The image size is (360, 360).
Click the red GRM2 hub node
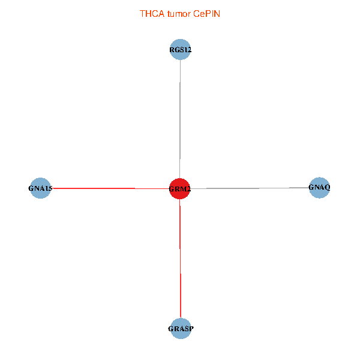click(180, 188)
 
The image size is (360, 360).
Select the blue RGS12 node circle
click(181, 50)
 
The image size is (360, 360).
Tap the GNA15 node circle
click(40, 188)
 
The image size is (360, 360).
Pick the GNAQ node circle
click(319, 188)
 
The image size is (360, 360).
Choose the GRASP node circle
click(181, 328)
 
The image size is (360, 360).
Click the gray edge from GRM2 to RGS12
click(181, 120)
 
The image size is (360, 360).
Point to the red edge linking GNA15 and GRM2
click(108, 188)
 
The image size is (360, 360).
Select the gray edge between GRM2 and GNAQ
click(252, 188)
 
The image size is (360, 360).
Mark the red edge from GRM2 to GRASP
click(181, 258)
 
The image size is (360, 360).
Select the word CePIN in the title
click(206, 13)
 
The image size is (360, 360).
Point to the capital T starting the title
click(142, 13)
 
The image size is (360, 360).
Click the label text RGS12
click(181, 50)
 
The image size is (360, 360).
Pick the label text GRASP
click(181, 329)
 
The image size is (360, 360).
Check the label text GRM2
click(180, 189)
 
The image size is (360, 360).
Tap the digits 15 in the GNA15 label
click(49, 188)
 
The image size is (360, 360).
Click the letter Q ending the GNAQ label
click(327, 188)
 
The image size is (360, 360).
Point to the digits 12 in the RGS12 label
click(188, 50)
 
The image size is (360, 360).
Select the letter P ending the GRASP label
click(191, 329)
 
